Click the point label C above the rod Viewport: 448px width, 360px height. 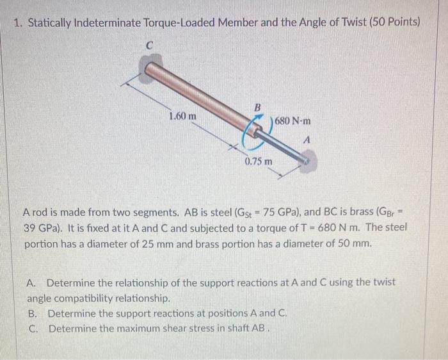point(149,46)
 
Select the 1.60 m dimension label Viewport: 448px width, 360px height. point(182,117)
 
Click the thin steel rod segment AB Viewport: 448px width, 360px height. point(282,146)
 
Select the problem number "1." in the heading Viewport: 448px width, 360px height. point(19,23)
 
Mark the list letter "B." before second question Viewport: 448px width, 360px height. point(33,313)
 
